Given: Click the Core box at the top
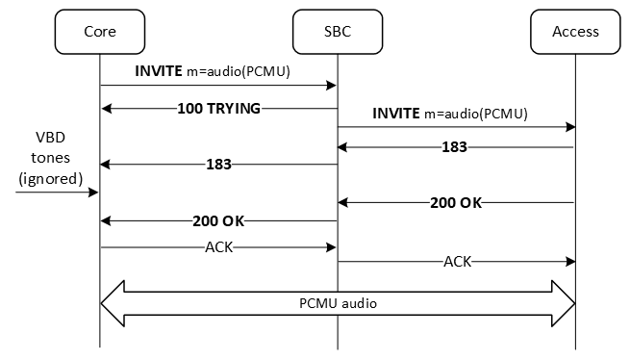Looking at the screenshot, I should click(x=99, y=31).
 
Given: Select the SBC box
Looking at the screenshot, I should click(x=337, y=31).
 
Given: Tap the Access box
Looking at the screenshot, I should click(x=575, y=31).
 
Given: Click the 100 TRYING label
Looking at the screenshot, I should click(x=218, y=108).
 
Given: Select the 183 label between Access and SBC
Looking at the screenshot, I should click(x=455, y=147).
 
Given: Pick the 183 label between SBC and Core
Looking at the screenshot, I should click(x=218, y=165).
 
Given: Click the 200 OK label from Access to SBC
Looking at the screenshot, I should click(x=455, y=203).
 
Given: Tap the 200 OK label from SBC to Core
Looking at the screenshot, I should click(x=218, y=220).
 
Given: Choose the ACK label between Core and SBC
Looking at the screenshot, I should click(x=218, y=246).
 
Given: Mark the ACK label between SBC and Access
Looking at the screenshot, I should click(x=457, y=261).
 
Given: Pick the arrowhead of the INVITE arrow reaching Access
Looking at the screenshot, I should click(x=569, y=126).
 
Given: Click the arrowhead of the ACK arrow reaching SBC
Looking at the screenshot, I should click(x=331, y=246).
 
